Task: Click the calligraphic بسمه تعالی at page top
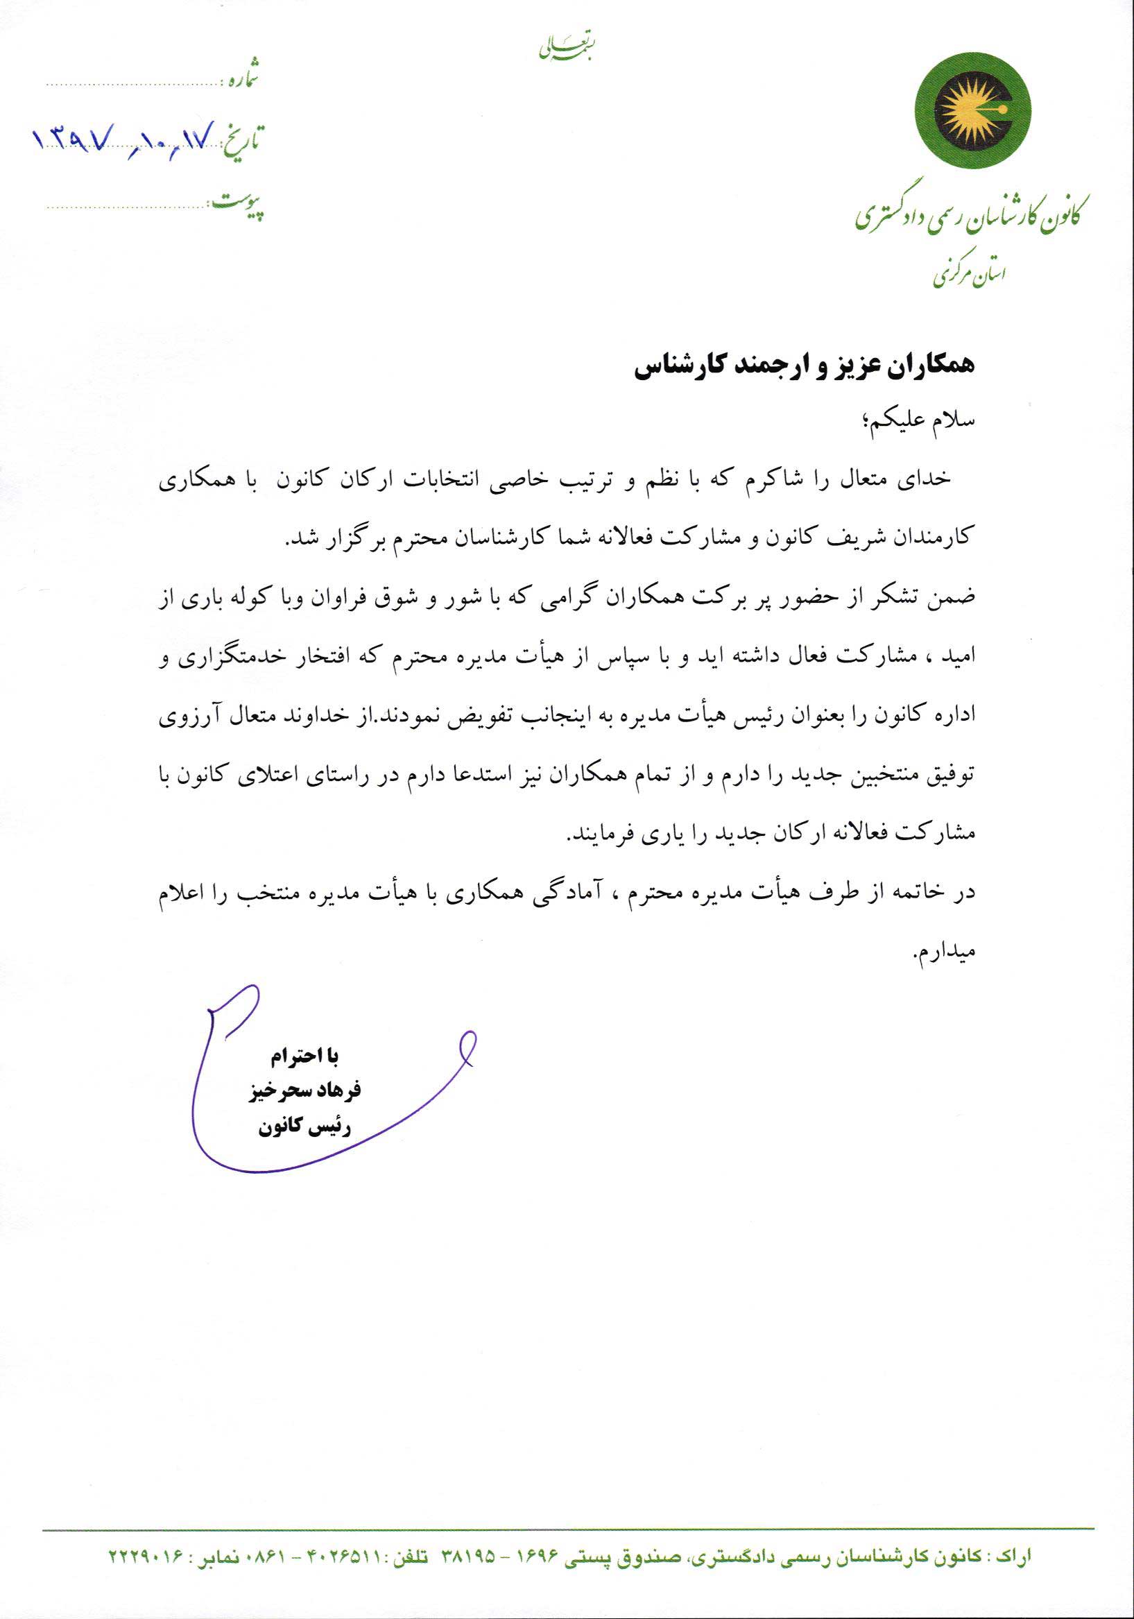[566, 47]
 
